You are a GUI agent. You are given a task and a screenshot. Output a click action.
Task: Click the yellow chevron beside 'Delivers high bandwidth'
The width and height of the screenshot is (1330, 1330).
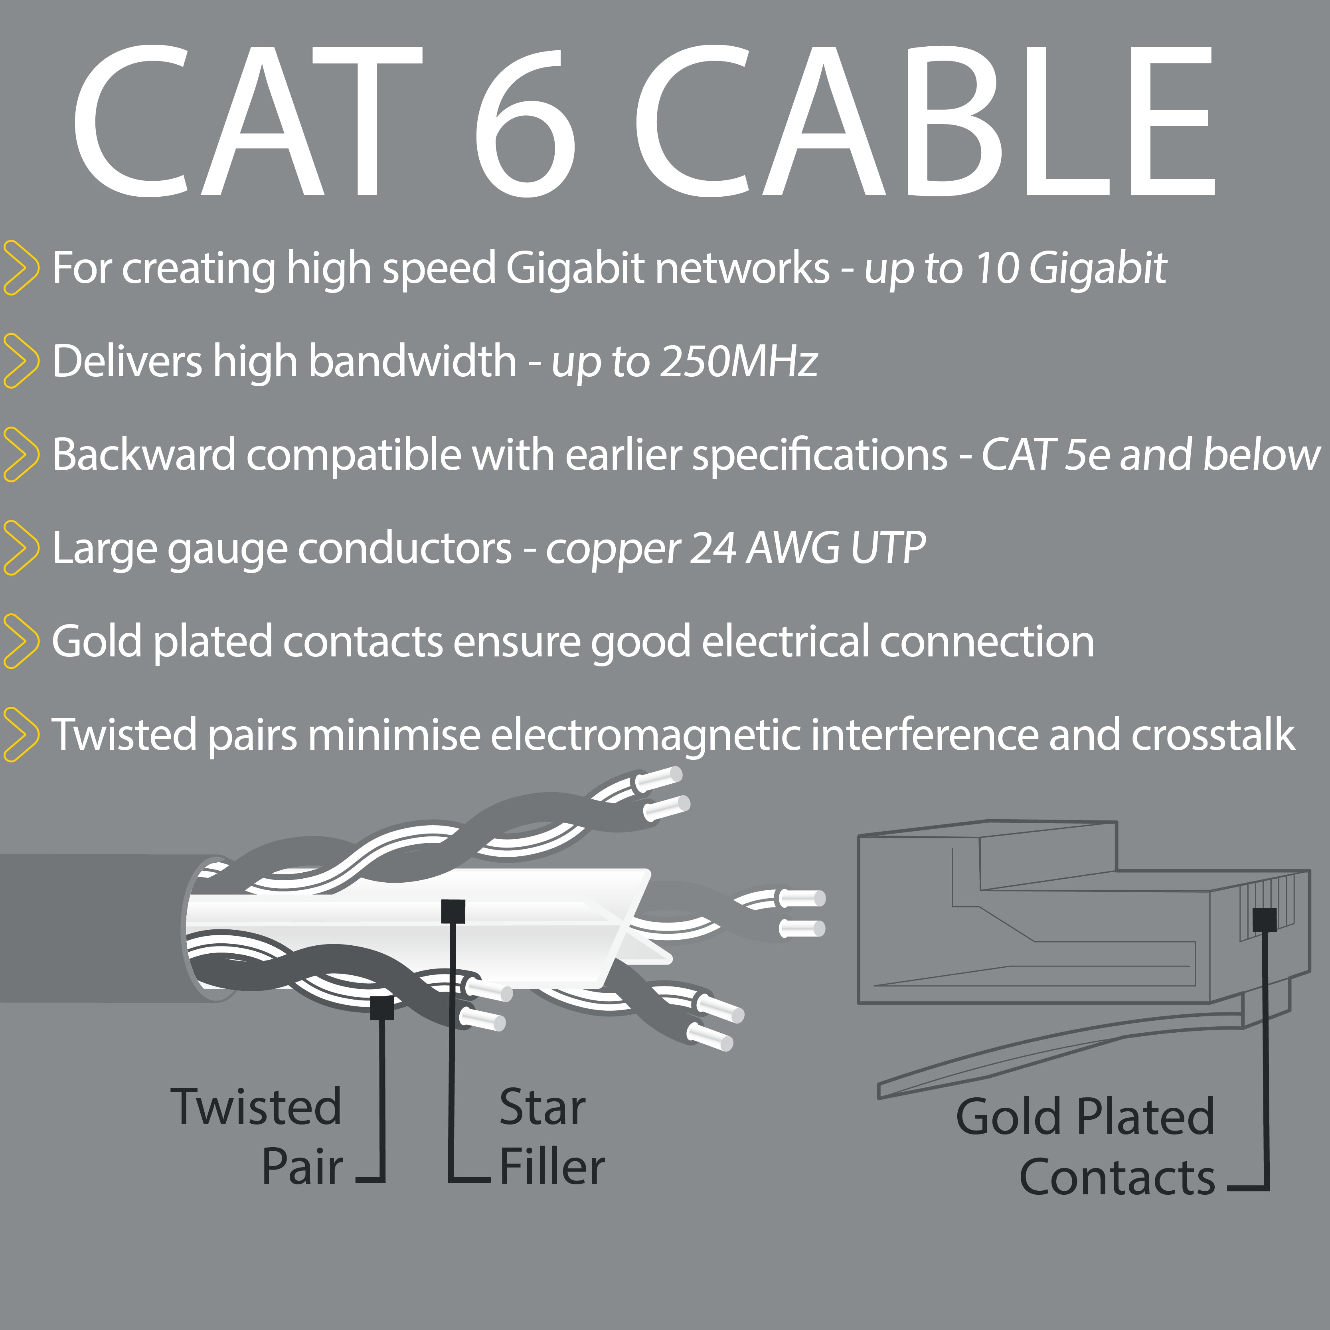(x=21, y=361)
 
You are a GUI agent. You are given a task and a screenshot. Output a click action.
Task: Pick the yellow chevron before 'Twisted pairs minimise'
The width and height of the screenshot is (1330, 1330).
(x=21, y=735)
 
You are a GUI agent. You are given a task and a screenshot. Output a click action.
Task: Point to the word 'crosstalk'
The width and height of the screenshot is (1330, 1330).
(x=1213, y=735)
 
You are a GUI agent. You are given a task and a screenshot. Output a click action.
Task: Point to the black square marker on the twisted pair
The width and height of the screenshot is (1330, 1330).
(x=381, y=1008)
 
